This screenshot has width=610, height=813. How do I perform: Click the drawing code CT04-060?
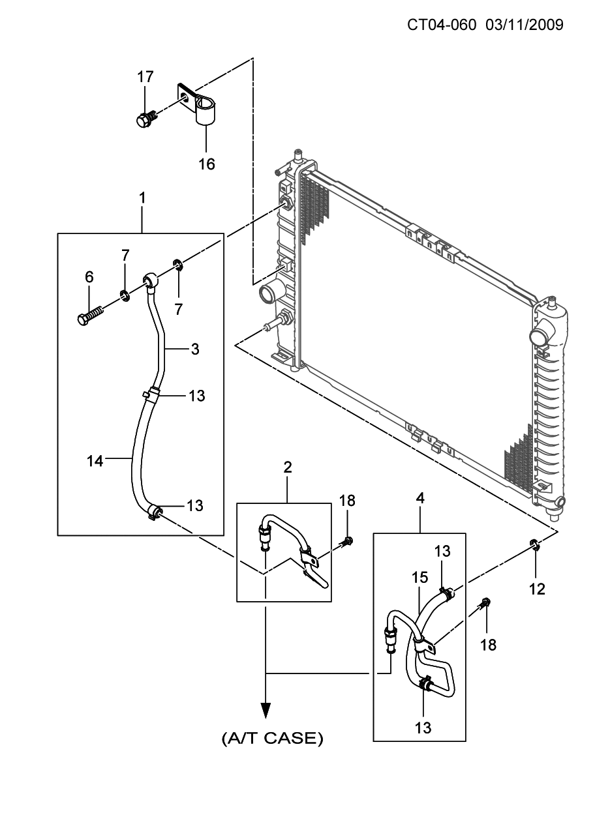point(442,25)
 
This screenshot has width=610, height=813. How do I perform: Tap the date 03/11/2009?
point(525,25)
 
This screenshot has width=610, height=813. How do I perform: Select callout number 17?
point(145,77)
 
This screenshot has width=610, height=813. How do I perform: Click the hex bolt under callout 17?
point(147,118)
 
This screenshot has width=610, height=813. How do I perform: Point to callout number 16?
point(207,164)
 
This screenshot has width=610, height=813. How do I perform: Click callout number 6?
point(89,276)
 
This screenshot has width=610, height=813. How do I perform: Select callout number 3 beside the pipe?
point(195,349)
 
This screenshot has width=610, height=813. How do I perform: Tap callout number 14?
point(95,461)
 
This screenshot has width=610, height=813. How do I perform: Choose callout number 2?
point(287,467)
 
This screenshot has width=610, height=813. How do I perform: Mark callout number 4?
point(420,498)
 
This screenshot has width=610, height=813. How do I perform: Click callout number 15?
point(420,578)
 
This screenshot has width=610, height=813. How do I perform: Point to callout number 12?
point(537,589)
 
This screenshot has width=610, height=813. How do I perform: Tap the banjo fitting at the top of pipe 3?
point(151,280)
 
